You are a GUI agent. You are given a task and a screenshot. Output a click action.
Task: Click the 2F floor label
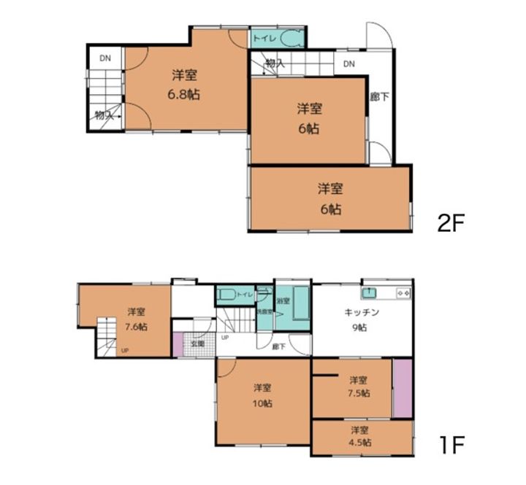tap(451, 222)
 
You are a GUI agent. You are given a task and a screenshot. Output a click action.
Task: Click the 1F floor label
tap(450, 443)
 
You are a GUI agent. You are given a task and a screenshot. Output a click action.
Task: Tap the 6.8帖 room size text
tap(185, 95)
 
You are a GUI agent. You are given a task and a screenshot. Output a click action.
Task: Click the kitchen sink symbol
tap(370, 292)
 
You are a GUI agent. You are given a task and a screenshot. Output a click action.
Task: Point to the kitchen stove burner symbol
tap(403, 292)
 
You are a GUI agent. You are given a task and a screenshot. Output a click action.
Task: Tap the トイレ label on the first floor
tap(244, 295)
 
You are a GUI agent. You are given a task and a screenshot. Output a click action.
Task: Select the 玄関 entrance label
tap(198, 343)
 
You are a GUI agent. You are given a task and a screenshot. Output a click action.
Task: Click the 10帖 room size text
tap(263, 403)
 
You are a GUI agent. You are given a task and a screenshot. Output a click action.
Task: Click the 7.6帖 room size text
tap(135, 327)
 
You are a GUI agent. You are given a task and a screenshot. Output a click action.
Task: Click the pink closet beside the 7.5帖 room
tap(402, 388)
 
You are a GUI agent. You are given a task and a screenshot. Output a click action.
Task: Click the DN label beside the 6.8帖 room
tap(105, 58)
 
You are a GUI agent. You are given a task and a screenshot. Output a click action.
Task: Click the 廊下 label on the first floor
tap(278, 347)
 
